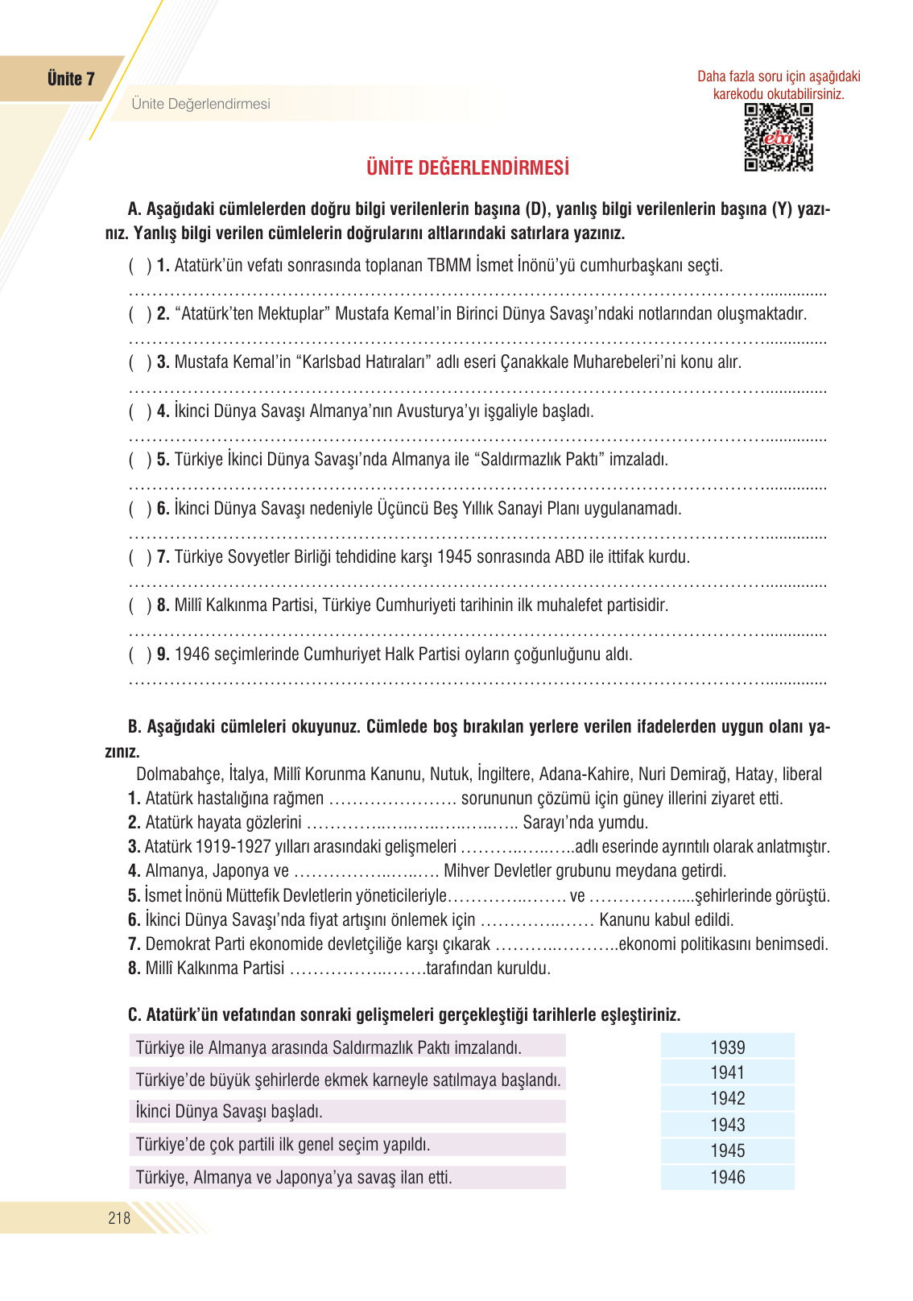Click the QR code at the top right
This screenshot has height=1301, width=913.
pos(778,137)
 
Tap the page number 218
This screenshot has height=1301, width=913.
pos(119,1217)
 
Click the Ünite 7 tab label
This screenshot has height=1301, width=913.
pos(71,79)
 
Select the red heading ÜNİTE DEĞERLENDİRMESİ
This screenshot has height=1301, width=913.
pos(468,167)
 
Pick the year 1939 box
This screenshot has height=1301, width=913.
pos(727,1047)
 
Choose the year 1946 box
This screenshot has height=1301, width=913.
pos(727,1177)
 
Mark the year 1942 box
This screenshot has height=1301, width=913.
pos(727,1098)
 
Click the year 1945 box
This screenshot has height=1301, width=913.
pos(727,1150)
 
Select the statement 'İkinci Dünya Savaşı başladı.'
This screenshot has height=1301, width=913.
pos(229,1112)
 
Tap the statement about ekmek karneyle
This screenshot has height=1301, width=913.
pos(348,1080)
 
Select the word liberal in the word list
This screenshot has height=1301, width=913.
pos(802,774)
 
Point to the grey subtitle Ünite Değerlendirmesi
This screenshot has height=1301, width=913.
pos(200,104)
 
